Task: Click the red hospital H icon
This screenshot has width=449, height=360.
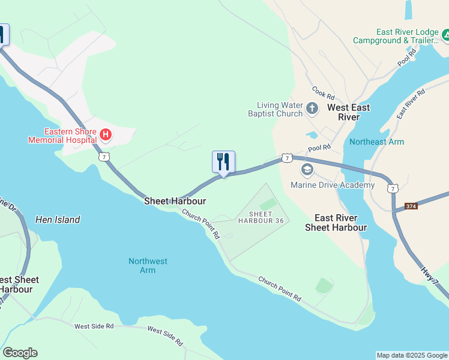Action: [106, 134]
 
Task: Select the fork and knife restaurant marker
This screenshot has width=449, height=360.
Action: [223, 161]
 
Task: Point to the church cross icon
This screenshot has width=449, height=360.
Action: [312, 109]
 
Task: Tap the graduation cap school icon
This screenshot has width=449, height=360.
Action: [307, 170]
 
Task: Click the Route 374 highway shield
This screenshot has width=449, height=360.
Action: [411, 206]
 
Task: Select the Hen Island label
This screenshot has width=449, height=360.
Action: [58, 220]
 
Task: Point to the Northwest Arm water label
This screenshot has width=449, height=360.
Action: [148, 265]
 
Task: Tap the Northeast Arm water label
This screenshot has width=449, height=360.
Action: [377, 142]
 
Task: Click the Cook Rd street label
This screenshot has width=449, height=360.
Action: [322, 92]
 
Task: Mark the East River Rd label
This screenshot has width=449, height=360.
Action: [411, 104]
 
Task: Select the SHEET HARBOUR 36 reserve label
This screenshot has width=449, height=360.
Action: [261, 217]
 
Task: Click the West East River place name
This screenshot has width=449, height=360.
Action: [348, 112]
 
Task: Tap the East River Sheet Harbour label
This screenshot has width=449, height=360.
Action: [336, 223]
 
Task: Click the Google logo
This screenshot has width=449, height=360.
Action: [20, 353]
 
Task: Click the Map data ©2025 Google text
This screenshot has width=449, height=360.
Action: [412, 355]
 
